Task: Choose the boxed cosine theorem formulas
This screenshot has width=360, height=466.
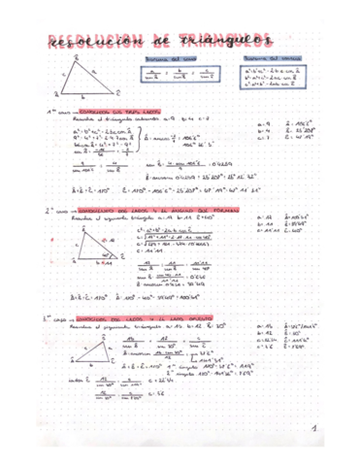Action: coord(275,79)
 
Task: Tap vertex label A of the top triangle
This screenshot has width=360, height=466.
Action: coord(76,56)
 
